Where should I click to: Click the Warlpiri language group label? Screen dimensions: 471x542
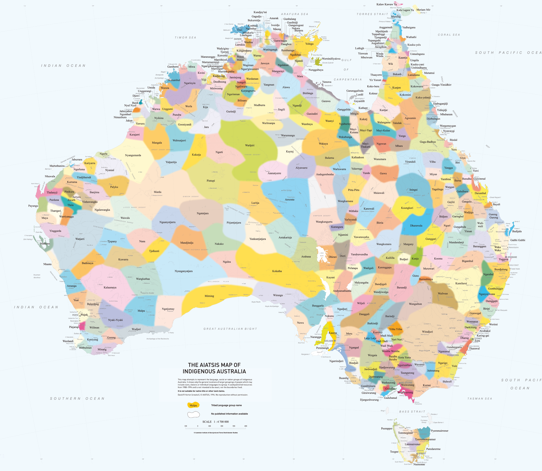pyautogui.click(x=249, y=145)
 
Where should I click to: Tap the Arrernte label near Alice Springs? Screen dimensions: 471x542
pyautogui.click(x=290, y=200)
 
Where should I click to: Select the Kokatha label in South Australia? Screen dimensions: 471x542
pyautogui.click(x=277, y=271)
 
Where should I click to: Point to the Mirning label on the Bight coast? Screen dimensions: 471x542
pyautogui.click(x=209, y=296)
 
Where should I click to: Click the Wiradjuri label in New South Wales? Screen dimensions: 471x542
pyautogui.click(x=427, y=332)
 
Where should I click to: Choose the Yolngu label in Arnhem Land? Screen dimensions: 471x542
pyautogui.click(x=309, y=44)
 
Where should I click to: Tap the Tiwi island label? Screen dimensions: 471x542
pyautogui.click(x=240, y=30)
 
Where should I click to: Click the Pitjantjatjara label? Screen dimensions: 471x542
pyautogui.click(x=234, y=223)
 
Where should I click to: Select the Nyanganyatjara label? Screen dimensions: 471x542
pyautogui.click(x=183, y=271)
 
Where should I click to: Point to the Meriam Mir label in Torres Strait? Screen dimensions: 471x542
pyautogui.click(x=423, y=10)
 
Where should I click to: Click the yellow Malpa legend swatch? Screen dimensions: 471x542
pyautogui.click(x=193, y=405)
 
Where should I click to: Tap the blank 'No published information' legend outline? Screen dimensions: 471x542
pyautogui.click(x=193, y=415)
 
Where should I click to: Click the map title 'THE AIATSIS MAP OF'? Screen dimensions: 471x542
pyautogui.click(x=214, y=365)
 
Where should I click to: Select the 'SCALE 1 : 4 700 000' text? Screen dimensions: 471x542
pyautogui.click(x=215, y=422)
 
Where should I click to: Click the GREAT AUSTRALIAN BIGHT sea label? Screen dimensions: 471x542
pyautogui.click(x=230, y=329)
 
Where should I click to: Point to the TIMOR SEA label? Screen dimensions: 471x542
pyautogui.click(x=185, y=38)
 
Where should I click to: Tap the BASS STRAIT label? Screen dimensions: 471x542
pyautogui.click(x=412, y=412)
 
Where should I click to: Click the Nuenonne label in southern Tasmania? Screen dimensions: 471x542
pyautogui.click(x=419, y=464)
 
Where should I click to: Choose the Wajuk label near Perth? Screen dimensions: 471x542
pyautogui.click(x=84, y=315)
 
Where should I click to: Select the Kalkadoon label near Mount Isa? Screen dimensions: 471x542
pyautogui.click(x=358, y=157)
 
